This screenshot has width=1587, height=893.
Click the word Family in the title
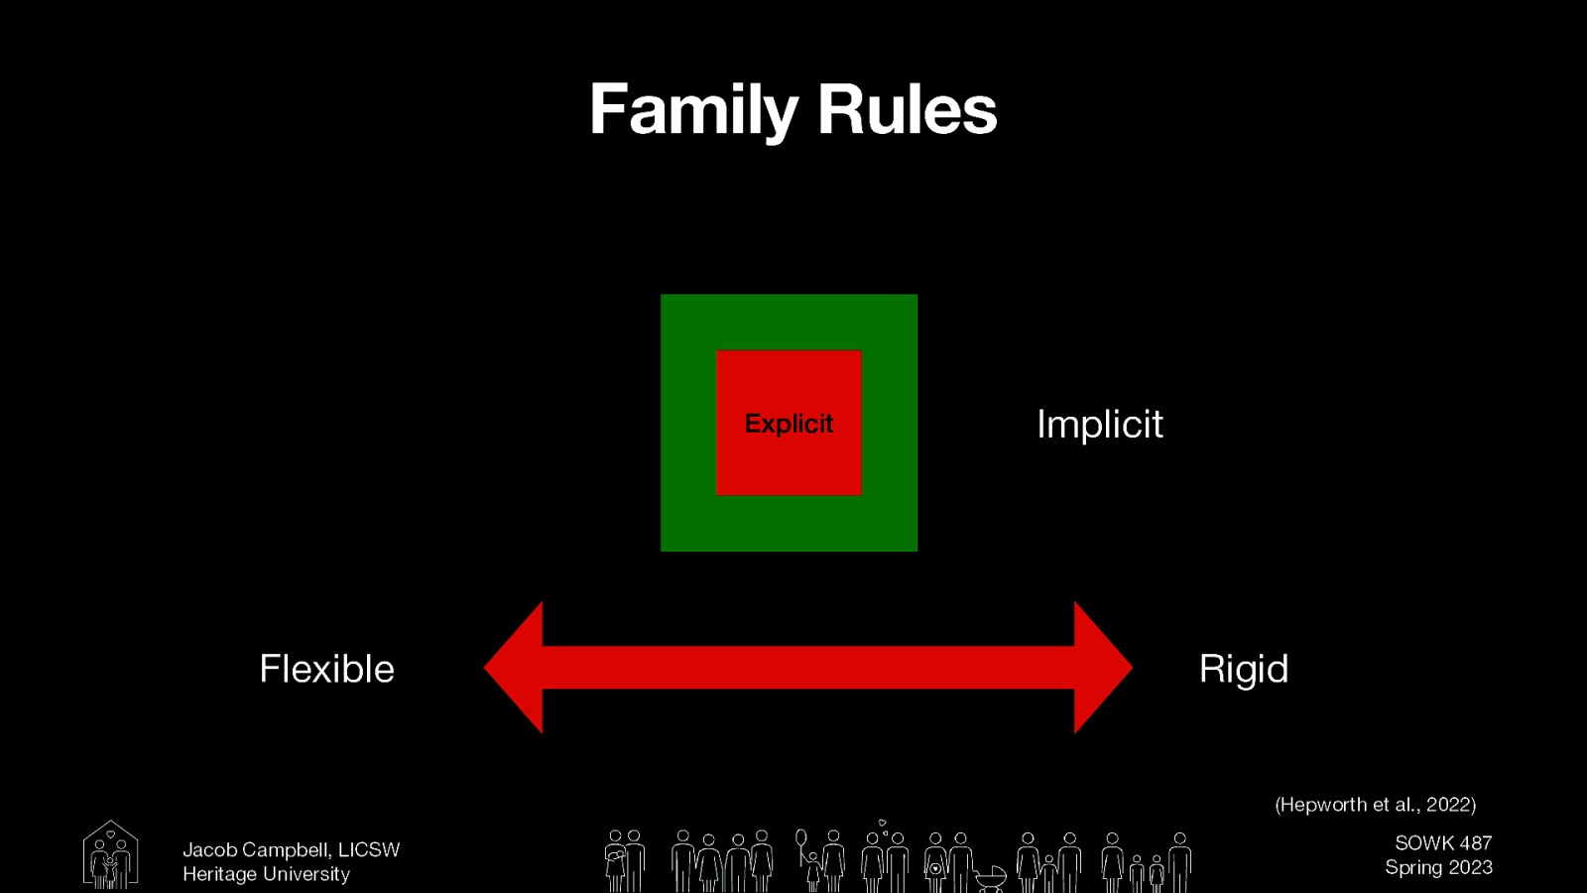(x=693, y=110)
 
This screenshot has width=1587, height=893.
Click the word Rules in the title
(x=907, y=110)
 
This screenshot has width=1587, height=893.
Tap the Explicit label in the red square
(x=789, y=424)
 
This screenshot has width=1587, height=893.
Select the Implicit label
(x=1099, y=425)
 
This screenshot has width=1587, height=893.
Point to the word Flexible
(x=326, y=670)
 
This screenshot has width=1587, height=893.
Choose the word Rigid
(x=1243, y=670)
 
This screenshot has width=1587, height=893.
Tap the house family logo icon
(x=110, y=854)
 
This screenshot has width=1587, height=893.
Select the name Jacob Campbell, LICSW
(x=291, y=850)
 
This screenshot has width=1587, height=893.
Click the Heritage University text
(x=266, y=874)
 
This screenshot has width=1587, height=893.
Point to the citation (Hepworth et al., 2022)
(x=1375, y=805)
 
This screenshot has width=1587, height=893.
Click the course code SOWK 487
(x=1443, y=843)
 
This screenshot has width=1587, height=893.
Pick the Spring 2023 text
(x=1438, y=867)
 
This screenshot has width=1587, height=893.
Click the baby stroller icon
(x=990, y=877)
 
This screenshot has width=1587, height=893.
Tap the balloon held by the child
(x=800, y=839)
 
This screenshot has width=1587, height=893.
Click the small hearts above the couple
(x=883, y=826)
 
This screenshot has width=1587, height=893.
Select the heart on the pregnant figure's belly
(x=934, y=869)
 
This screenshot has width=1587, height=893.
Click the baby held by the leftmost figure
(x=615, y=854)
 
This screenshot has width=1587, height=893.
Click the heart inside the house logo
(x=110, y=834)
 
